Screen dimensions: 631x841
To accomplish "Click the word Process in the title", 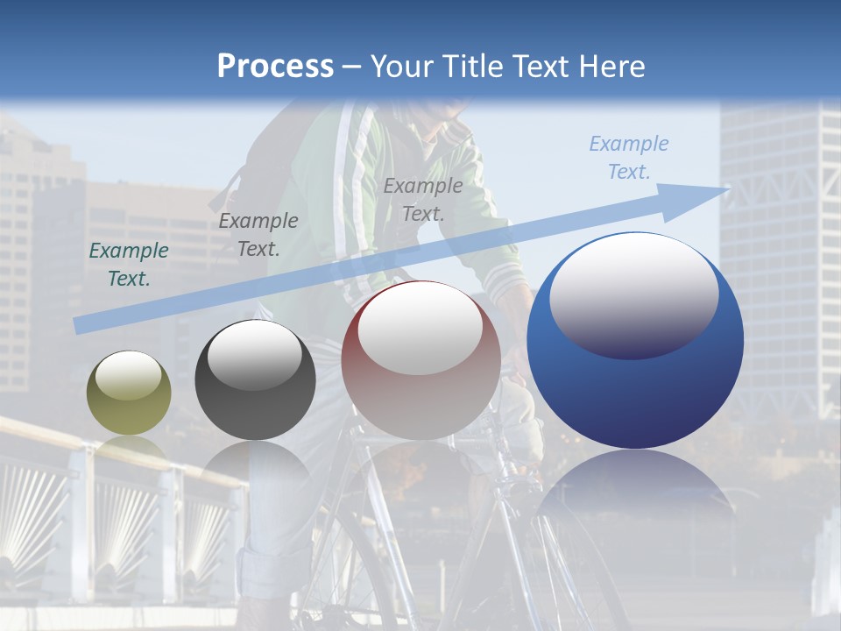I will tap(275, 67).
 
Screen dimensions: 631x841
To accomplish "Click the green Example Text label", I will tap(129, 265).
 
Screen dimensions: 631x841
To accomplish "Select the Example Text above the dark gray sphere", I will tap(258, 235).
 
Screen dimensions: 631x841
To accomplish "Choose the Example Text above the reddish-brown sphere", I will tap(422, 200).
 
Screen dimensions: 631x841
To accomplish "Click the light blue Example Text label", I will tap(628, 158).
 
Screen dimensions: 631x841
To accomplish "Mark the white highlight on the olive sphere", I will tap(128, 377).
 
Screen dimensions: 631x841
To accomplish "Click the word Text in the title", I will tap(539, 67).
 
